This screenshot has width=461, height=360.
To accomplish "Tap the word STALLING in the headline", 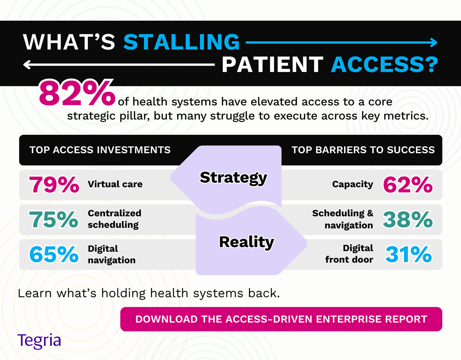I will pyautogui.click(x=181, y=42).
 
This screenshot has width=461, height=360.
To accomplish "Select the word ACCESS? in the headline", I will pyautogui.click(x=384, y=65).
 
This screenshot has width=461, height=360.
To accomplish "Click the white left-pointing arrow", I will pyautogui.click(x=119, y=65).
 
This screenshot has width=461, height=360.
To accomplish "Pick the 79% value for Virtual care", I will pyautogui.click(x=54, y=185).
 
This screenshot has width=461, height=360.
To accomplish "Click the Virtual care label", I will pyautogui.click(x=115, y=184).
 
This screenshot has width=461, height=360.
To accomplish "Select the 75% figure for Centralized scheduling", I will pyautogui.click(x=54, y=220).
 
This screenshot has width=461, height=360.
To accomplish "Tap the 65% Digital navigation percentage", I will pyautogui.click(x=54, y=254).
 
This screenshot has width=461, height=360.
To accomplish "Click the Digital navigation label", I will pyautogui.click(x=112, y=254).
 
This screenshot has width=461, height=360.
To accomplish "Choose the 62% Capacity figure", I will pyautogui.click(x=408, y=185).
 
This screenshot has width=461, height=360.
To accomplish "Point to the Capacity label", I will pyautogui.click(x=352, y=184).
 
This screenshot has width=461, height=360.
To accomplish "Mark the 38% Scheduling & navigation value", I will pyautogui.click(x=408, y=220).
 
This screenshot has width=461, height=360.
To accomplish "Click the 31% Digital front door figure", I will pyautogui.click(x=408, y=254).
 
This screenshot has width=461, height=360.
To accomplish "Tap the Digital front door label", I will pyautogui.click(x=349, y=254).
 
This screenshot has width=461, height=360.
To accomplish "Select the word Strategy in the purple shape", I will pyautogui.click(x=233, y=178).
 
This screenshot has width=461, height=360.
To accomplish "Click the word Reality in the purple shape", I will pyautogui.click(x=246, y=242).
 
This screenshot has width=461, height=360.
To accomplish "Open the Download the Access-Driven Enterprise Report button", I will pyautogui.click(x=281, y=319).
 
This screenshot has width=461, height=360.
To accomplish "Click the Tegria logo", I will pyautogui.click(x=39, y=341).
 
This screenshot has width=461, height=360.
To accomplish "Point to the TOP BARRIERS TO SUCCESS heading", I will pyautogui.click(x=363, y=150).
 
